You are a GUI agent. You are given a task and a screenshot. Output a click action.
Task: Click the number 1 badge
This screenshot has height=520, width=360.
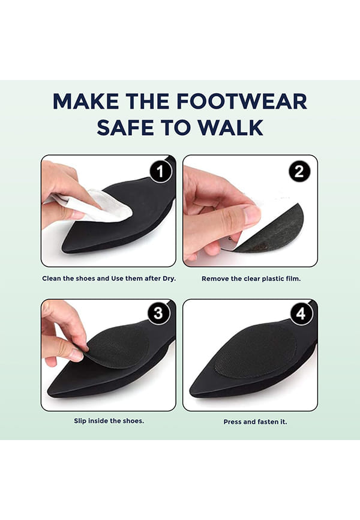tap(160, 172)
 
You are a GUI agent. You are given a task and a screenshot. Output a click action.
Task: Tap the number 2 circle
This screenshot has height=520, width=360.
tap(299, 171)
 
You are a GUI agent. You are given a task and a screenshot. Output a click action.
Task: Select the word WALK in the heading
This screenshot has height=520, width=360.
tap(231, 127)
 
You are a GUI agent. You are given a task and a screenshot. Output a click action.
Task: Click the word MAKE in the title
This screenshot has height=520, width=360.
tap(86, 101)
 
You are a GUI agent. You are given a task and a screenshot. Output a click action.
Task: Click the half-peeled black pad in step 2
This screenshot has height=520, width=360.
tap(271, 229)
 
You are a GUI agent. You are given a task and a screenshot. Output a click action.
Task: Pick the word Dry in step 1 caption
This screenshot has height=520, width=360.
tap(169, 279)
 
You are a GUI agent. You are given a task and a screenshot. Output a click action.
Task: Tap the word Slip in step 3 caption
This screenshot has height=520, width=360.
tap(80, 421)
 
